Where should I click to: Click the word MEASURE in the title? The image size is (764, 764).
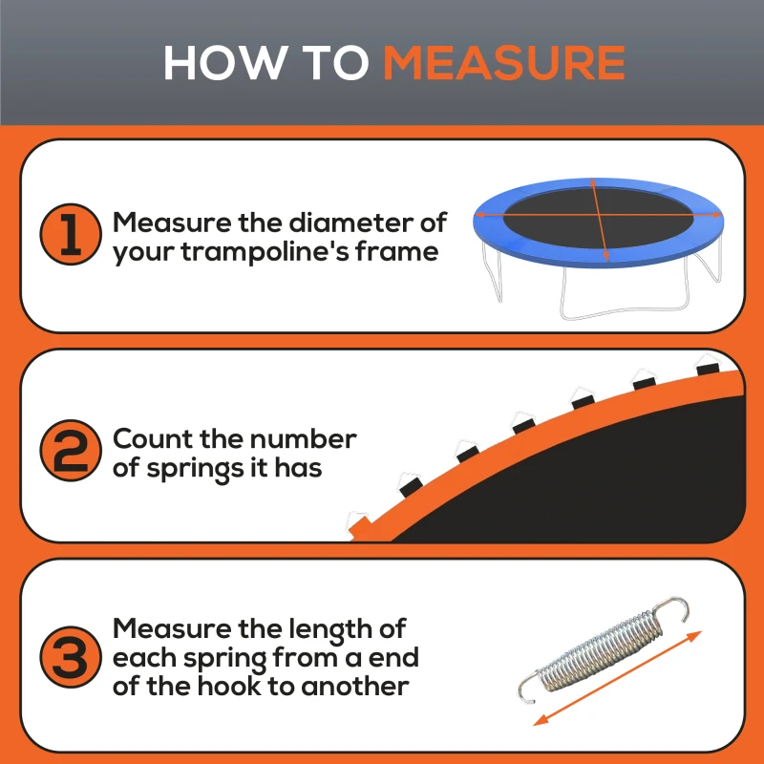pos(503,62)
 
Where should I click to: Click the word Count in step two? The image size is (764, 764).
pos(154,439)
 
